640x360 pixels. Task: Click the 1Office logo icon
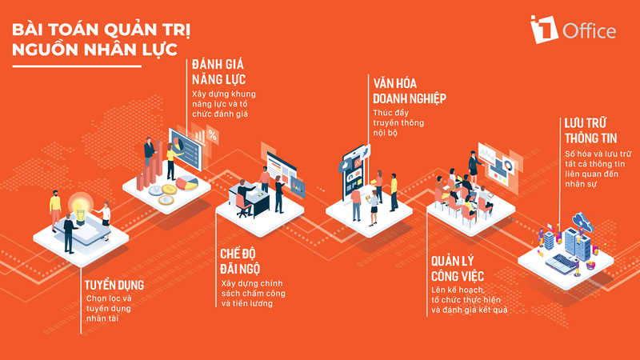pos(544,29)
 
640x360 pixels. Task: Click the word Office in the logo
pos(590,31)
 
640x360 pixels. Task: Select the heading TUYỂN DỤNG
pos(114,285)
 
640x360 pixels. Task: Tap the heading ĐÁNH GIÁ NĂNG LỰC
pos(218,71)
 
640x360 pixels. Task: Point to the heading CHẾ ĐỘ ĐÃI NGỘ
pos(240,262)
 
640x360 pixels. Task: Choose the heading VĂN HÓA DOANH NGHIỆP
pos(410,91)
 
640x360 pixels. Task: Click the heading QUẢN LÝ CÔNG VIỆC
pos(458,269)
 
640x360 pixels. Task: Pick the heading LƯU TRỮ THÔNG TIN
pos(590,130)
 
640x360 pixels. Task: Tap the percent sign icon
pos(213,134)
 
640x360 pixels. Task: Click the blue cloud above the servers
pos(583,221)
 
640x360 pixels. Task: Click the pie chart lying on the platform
pos(186,183)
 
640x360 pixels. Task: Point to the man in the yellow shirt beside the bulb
pos(55,210)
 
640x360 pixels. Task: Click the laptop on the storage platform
pos(561,262)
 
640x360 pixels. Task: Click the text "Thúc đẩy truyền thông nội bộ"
pos(393,122)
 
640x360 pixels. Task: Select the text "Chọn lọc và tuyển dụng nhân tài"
pos(109,308)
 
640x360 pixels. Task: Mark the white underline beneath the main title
pos(77,66)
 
